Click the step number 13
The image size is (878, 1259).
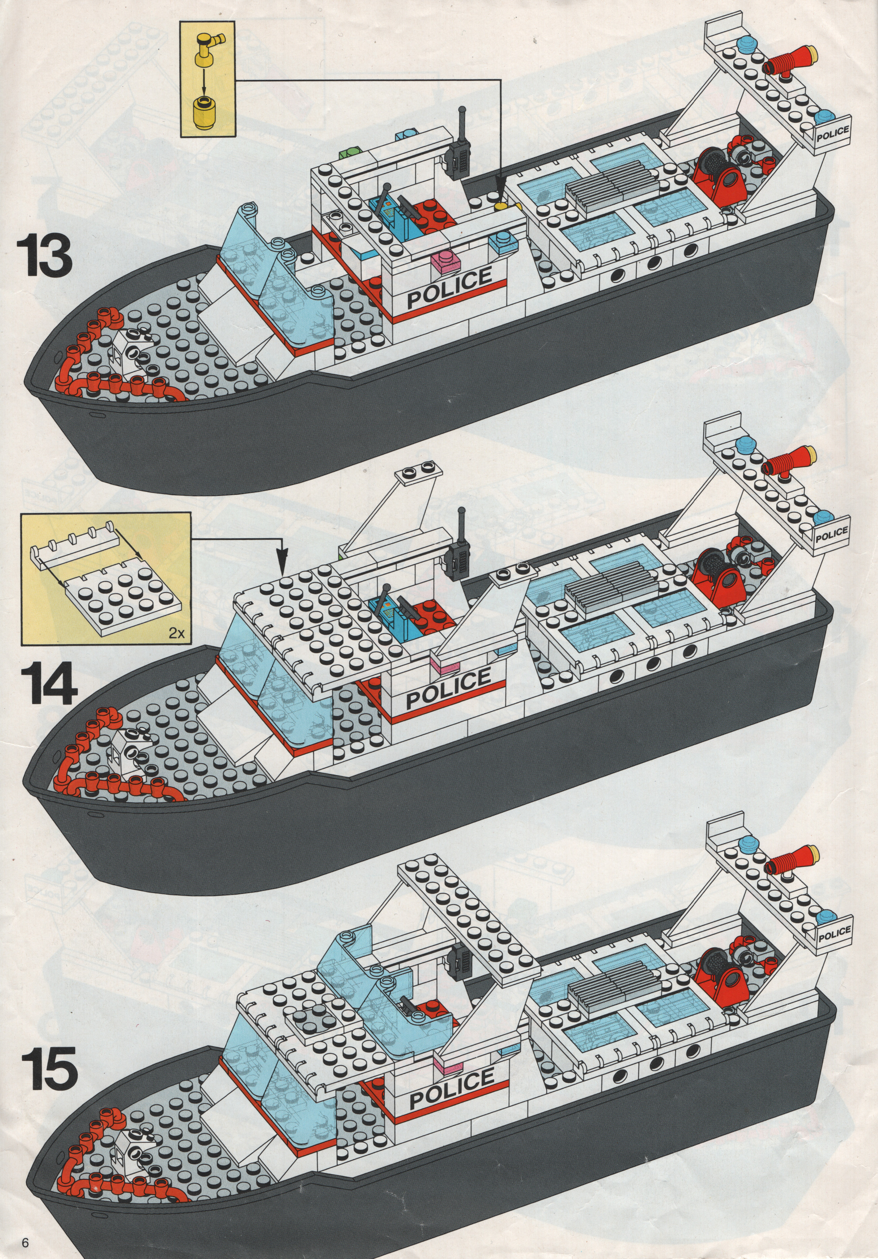tap(45, 254)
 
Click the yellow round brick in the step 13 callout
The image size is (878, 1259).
tap(206, 107)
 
